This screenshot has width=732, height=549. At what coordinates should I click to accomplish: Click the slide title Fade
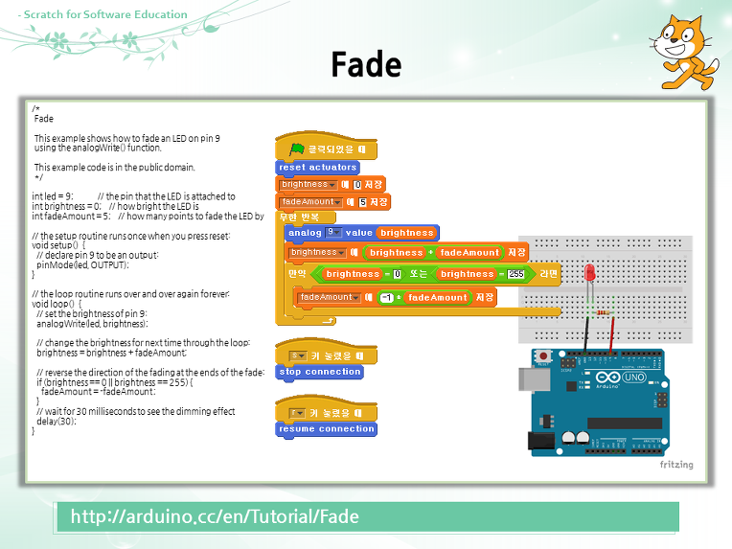pos(365,64)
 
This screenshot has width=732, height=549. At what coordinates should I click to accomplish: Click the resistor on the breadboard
pos(602,310)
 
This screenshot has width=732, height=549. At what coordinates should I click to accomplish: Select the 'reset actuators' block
pos(317,167)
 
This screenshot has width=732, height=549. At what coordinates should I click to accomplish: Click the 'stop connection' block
pos(319,372)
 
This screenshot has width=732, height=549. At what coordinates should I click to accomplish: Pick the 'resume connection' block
pos(326,429)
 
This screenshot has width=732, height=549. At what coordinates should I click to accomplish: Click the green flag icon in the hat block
pos(298,149)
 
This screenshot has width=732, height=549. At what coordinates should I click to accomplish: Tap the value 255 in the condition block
pos(516,274)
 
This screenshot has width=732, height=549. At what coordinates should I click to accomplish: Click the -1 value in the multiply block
pos(386,298)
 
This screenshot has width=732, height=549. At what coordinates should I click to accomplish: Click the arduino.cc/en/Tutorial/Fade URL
pos(215,516)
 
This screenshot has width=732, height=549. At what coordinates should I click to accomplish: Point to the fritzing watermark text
pos(675,465)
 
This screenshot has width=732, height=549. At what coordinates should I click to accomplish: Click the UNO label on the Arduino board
pos(634,377)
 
